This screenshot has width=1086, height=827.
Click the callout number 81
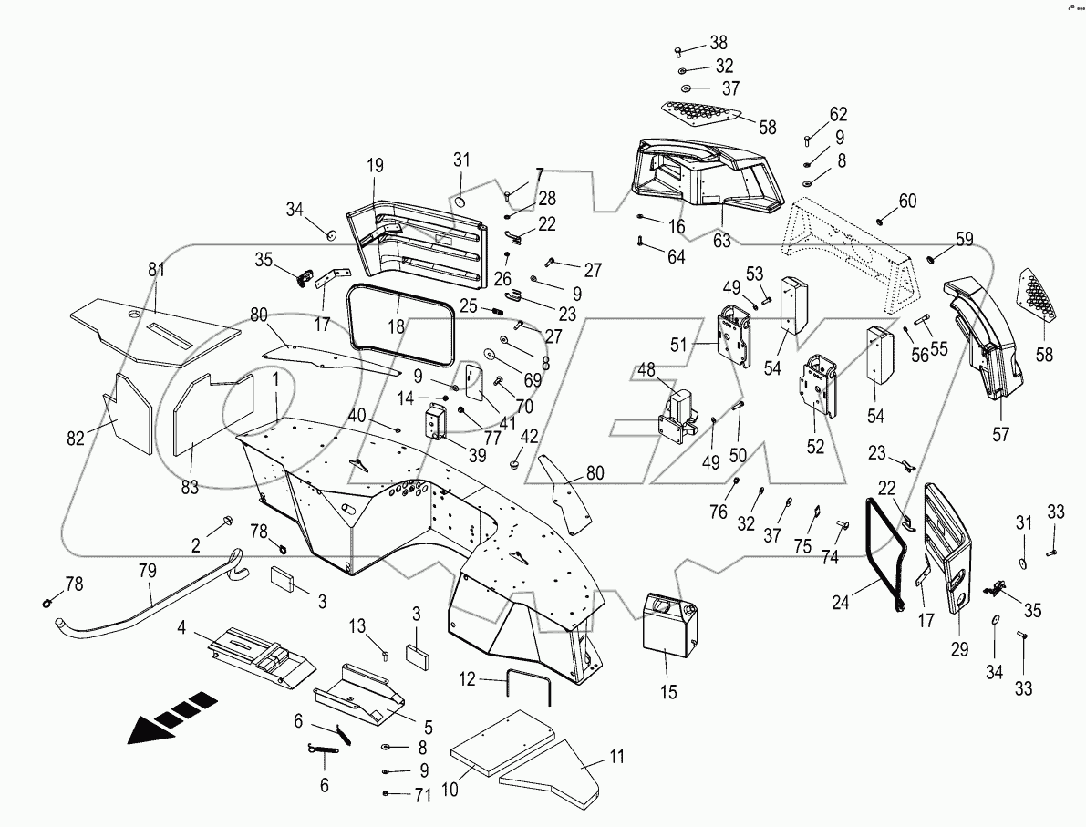tap(156, 270)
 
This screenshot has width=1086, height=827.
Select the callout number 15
tap(668, 692)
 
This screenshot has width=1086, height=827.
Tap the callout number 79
tap(147, 571)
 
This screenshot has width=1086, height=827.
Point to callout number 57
tap(1001, 435)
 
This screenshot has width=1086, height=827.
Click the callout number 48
tap(646, 369)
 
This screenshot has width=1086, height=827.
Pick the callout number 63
tap(722, 241)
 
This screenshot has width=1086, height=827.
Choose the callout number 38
tap(719, 42)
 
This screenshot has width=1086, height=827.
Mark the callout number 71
tap(420, 796)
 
